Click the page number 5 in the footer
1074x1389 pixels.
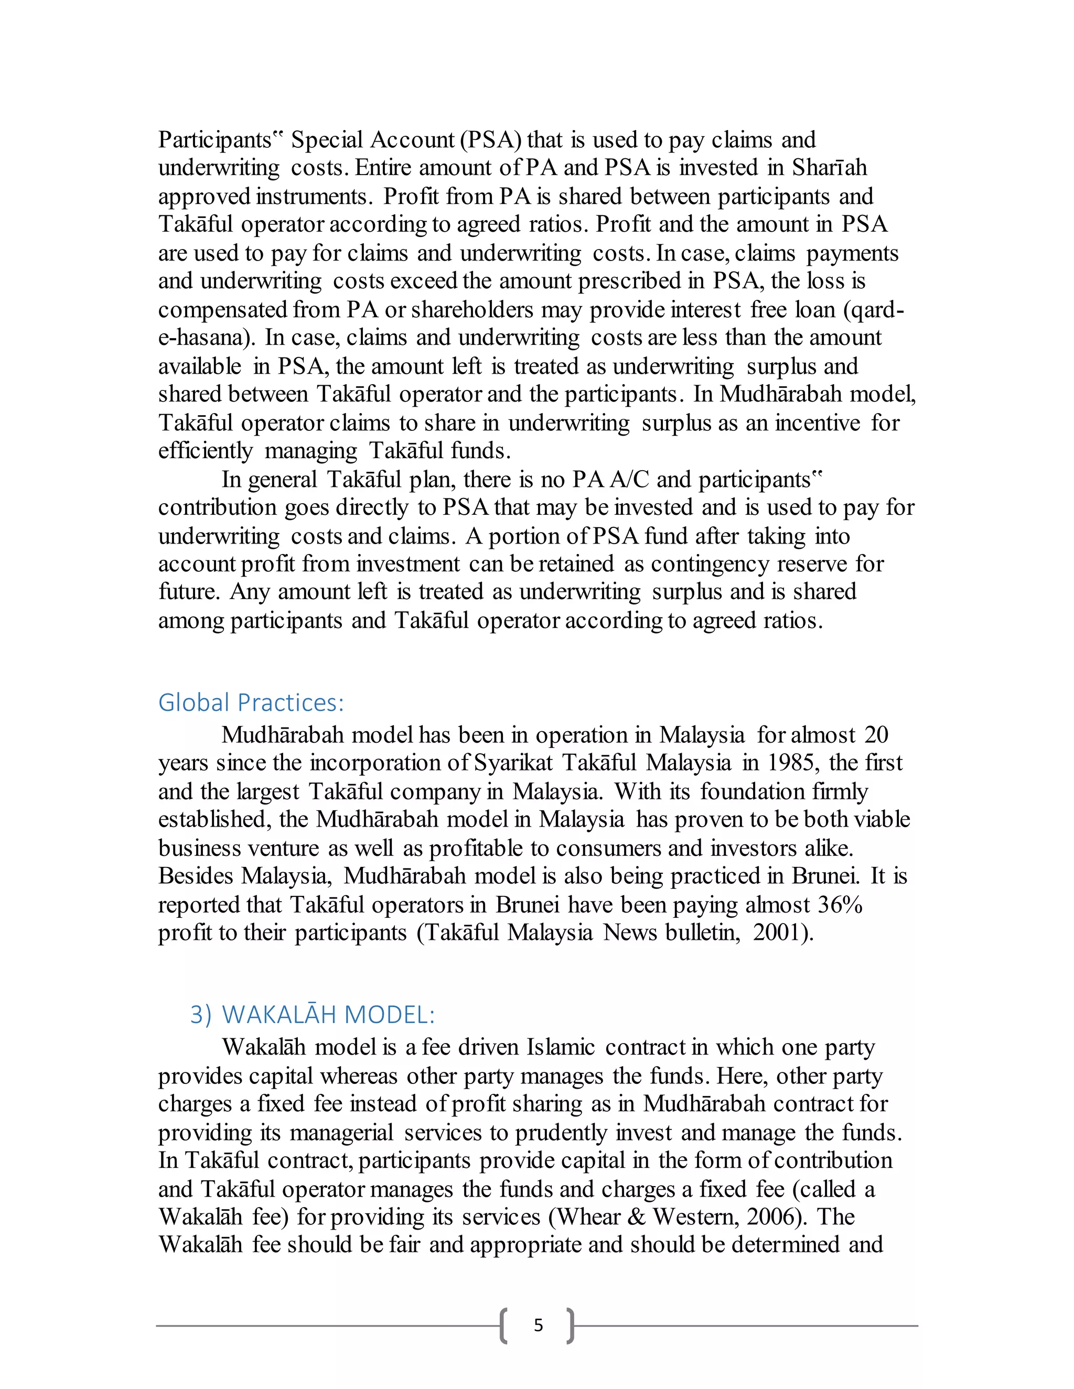(x=538, y=1326)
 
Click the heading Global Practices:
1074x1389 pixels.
(x=251, y=703)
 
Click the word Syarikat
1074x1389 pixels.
(x=514, y=763)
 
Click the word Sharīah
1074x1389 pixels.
(x=829, y=168)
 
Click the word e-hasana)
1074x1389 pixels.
(x=208, y=338)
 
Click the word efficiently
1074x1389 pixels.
(x=206, y=451)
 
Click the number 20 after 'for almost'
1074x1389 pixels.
(x=876, y=735)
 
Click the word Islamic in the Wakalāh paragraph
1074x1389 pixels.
(x=561, y=1047)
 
